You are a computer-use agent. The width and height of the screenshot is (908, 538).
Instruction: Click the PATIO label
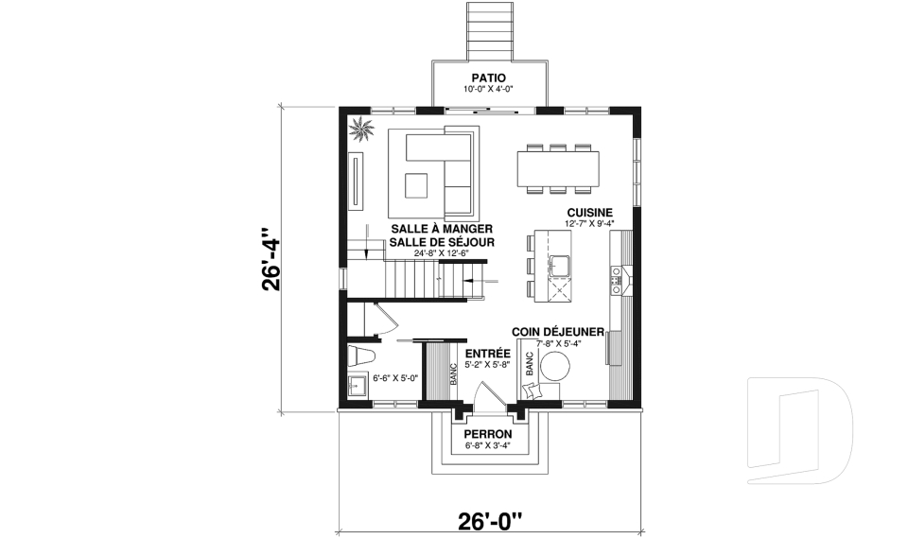click(x=489, y=77)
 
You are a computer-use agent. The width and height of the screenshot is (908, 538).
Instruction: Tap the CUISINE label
click(x=590, y=213)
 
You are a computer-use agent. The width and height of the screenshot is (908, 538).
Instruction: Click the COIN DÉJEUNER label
click(x=558, y=332)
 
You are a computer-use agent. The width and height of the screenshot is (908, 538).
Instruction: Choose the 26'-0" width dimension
click(x=489, y=520)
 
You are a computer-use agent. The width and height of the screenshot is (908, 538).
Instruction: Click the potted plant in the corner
click(x=360, y=129)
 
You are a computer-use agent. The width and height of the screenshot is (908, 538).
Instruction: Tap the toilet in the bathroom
click(x=361, y=356)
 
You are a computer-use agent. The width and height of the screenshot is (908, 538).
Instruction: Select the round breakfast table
click(x=557, y=365)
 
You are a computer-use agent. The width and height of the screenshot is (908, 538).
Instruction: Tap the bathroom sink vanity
click(x=358, y=387)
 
